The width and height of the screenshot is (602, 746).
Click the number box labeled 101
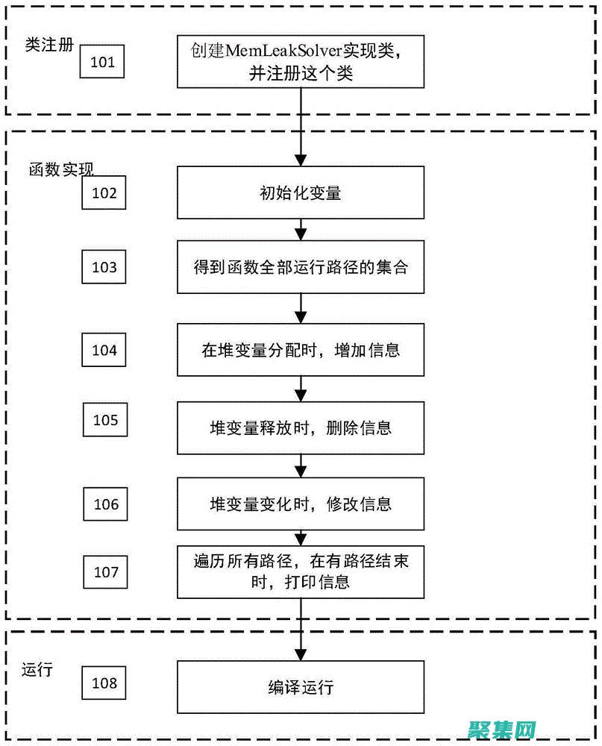pos(102,62)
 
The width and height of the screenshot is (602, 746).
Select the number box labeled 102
pos(104,192)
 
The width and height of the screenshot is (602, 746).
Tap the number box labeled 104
pos(104,350)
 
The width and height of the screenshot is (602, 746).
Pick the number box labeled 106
pos(106,504)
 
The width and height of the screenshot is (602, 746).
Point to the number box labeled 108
pos(104,683)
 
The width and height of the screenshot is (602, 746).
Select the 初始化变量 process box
pos(301,192)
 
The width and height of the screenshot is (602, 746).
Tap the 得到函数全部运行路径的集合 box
pos(301,267)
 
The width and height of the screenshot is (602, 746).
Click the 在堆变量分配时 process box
pos(301,350)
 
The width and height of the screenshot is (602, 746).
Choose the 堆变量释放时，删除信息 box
pos(301,427)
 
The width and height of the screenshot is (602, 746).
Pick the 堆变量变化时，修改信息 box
pos(301,504)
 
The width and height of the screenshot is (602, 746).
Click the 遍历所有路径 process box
pos(301,571)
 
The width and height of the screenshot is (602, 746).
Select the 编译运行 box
pos(301,687)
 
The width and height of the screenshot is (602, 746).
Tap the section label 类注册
pos(49,44)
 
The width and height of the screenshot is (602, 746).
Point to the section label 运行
pos(37,669)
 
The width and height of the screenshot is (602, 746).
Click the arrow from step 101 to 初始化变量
pos(301,127)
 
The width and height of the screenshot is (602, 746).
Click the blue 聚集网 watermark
pos(504,728)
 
